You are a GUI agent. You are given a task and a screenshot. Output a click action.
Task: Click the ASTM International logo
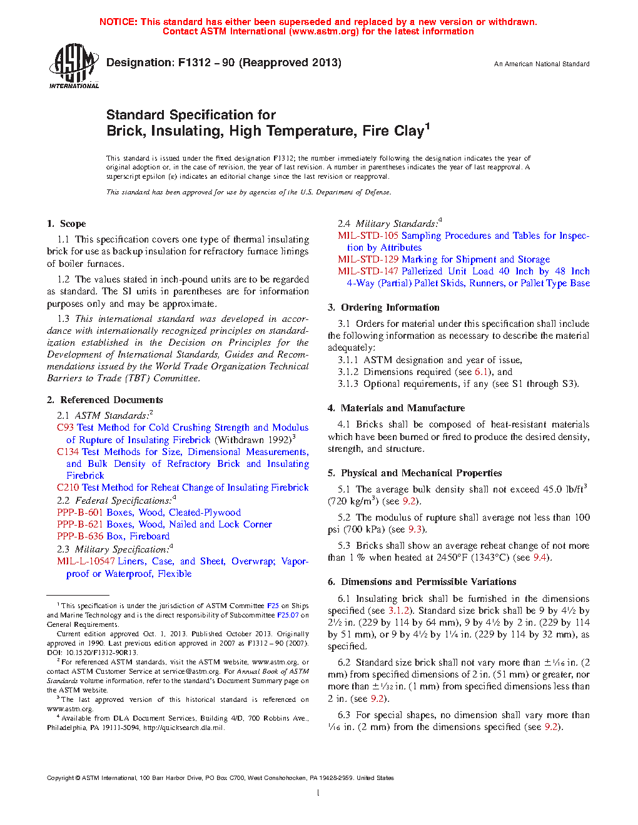click(x=74, y=66)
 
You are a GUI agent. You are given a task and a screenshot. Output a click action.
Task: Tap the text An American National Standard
click(x=542, y=64)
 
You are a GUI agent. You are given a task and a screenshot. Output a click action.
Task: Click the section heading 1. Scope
click(x=66, y=224)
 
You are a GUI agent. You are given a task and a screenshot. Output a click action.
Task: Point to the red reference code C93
click(x=65, y=427)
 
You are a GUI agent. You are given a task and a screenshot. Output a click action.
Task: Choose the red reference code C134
click(x=68, y=452)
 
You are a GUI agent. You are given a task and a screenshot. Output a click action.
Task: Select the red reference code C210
click(x=68, y=487)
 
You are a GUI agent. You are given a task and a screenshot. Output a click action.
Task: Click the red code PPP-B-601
click(x=80, y=512)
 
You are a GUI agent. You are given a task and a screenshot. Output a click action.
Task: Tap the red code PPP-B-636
click(x=80, y=536)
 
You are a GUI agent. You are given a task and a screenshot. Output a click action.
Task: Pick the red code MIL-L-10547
click(x=86, y=561)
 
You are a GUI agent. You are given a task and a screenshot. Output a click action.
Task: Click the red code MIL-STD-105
click(x=368, y=236)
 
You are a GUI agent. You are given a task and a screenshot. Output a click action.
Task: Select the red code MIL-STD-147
click(x=368, y=271)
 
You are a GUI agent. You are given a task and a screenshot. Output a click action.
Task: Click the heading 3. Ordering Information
click(x=383, y=307)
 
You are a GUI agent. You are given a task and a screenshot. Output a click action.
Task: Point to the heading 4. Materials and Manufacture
click(x=396, y=408)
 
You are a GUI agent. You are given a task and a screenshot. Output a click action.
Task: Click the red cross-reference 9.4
click(x=540, y=557)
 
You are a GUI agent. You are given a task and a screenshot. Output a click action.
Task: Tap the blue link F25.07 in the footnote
click(x=288, y=615)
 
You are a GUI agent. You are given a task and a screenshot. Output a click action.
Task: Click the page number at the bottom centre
click(x=318, y=793)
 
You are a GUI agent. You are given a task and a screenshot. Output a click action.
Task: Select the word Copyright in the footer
click(x=60, y=778)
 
